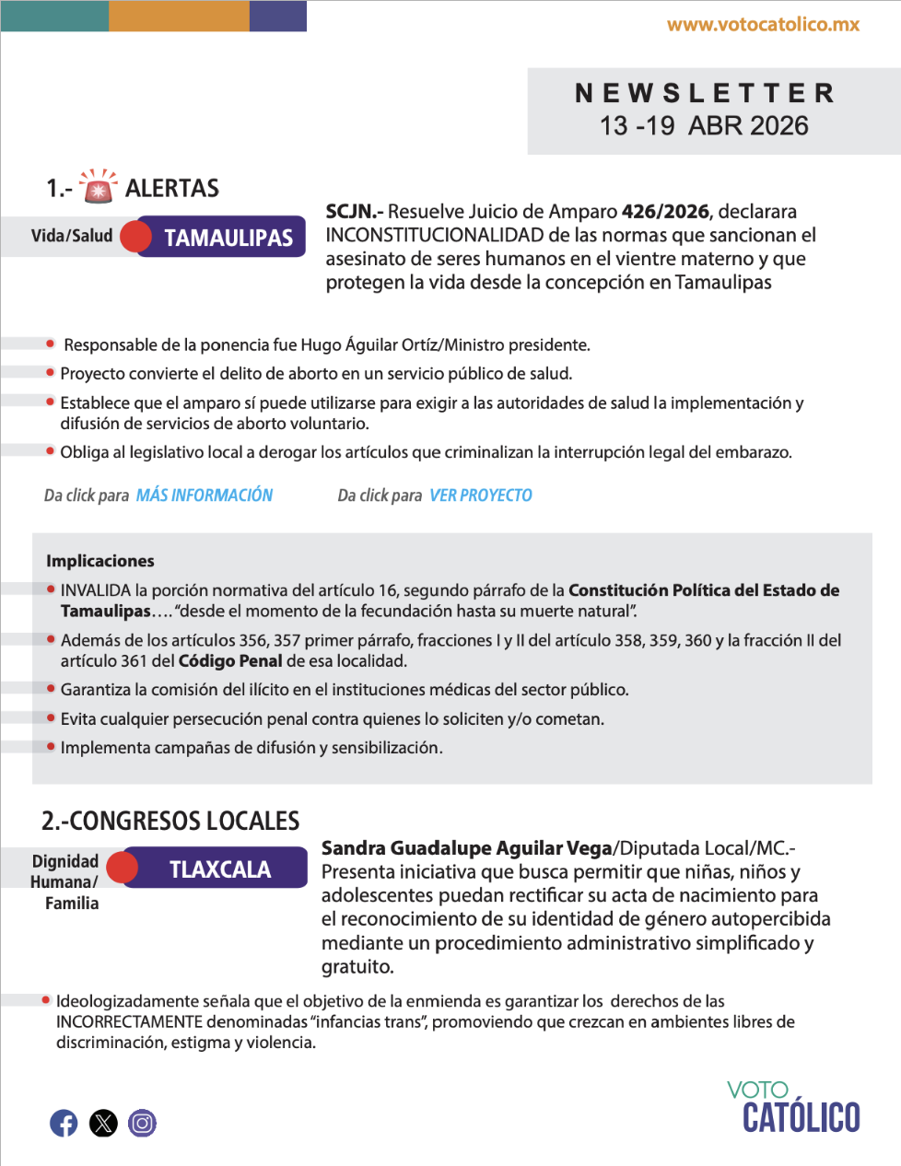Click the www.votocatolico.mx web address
(x=763, y=25)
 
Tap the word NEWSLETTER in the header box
(x=705, y=93)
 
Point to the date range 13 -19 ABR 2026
(x=704, y=126)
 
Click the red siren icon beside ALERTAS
(x=98, y=186)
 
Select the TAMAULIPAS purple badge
(x=228, y=238)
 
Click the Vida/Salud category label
(x=72, y=236)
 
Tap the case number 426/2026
(x=665, y=211)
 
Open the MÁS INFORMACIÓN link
(x=205, y=496)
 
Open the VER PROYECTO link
(x=481, y=496)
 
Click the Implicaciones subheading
(x=100, y=561)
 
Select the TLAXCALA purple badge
(x=219, y=869)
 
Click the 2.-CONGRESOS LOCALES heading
(x=170, y=821)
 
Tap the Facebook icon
(x=64, y=1123)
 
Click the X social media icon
(x=103, y=1123)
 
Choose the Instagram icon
(x=142, y=1123)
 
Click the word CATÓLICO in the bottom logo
(x=801, y=1117)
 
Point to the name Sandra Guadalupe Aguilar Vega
(x=466, y=848)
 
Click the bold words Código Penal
(x=230, y=661)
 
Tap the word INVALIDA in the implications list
(x=96, y=590)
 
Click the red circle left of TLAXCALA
(x=122, y=868)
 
